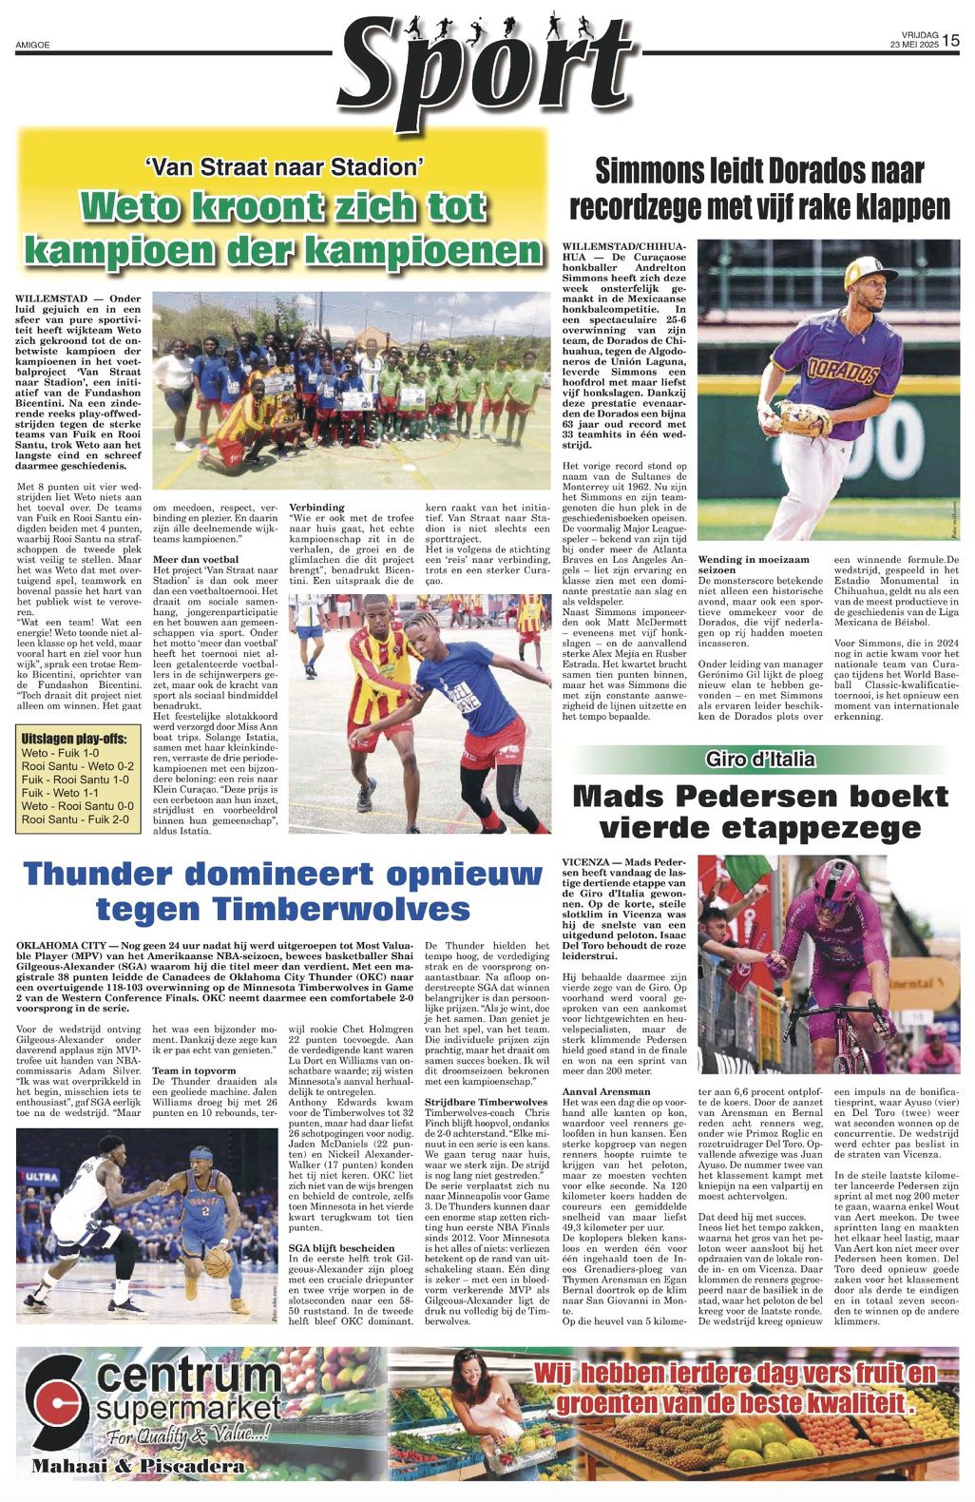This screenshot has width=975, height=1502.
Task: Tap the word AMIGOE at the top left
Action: click(x=32, y=45)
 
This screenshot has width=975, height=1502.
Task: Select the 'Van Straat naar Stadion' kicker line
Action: click(x=284, y=167)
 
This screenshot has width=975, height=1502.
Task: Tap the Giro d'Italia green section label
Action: click(x=760, y=759)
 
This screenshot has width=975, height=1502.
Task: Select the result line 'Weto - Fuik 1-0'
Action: click(x=60, y=753)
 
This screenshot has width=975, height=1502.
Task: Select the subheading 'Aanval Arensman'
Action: click(x=606, y=1091)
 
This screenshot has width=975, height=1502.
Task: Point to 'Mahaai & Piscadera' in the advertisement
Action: click(x=138, y=1466)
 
